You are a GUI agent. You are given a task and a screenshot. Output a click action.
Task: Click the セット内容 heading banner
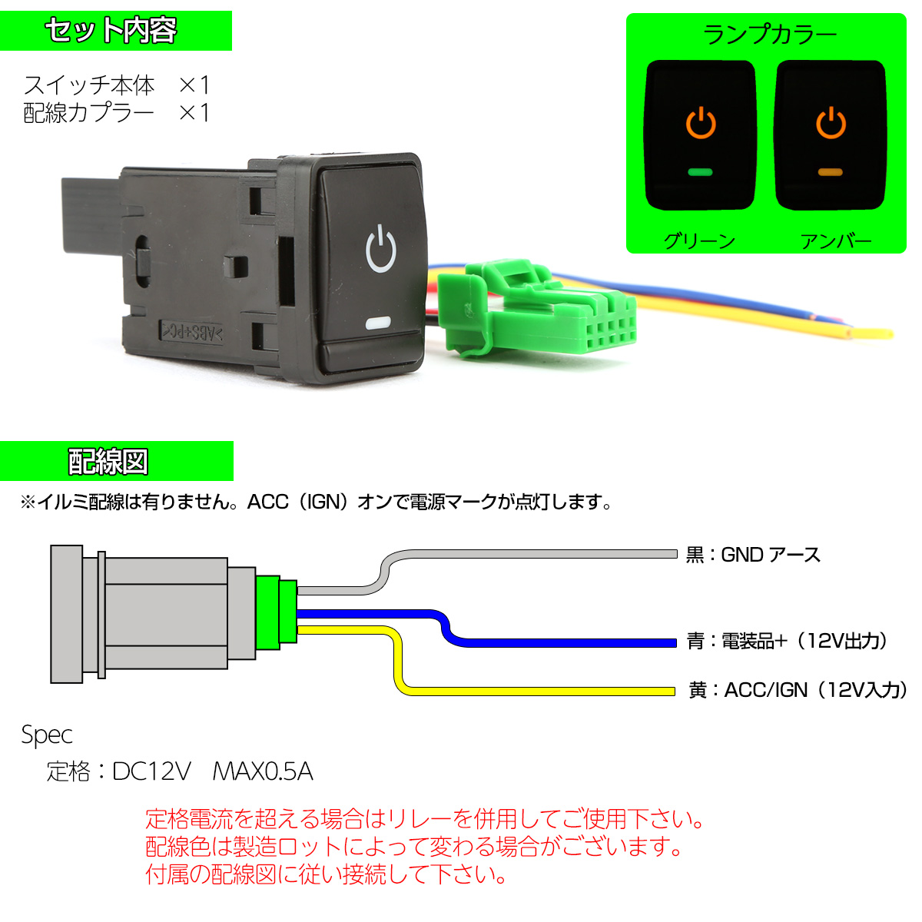click(x=116, y=31)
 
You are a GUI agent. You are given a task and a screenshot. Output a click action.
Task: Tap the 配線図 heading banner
click(x=116, y=461)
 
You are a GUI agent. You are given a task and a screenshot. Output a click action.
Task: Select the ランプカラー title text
click(x=769, y=35)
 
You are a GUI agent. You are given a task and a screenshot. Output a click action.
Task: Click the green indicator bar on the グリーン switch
click(x=700, y=172)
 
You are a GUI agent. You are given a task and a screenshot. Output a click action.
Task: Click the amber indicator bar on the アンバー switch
click(x=830, y=172)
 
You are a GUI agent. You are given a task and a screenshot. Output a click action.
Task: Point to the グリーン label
click(x=699, y=240)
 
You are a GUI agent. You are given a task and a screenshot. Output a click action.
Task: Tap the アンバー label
click(x=835, y=240)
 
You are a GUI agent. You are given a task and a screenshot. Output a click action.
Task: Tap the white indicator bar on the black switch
click(x=378, y=323)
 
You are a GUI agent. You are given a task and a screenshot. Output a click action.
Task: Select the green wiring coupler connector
click(x=536, y=309)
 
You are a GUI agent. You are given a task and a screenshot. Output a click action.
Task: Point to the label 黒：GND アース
click(x=753, y=555)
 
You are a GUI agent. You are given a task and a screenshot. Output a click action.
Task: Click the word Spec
click(x=47, y=735)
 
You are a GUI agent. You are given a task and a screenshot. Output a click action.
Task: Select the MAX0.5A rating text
click(x=263, y=771)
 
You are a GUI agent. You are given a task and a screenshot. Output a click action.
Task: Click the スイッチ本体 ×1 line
click(x=116, y=85)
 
